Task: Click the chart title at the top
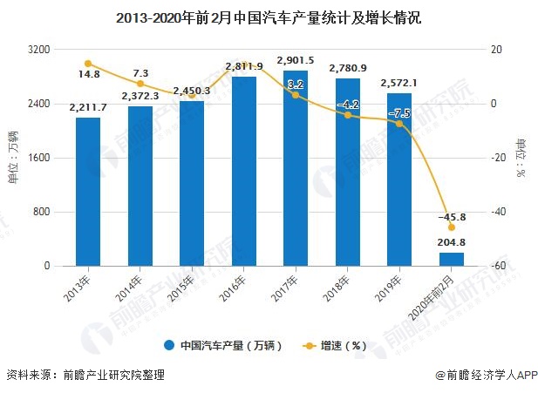pyautogui.click(x=269, y=17)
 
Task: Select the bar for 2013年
pyautogui.click(x=88, y=191)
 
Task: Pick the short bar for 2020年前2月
pyautogui.click(x=451, y=259)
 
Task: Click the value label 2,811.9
pyautogui.click(x=244, y=66)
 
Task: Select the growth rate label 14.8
pyautogui.click(x=88, y=75)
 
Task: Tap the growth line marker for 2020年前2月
pyautogui.click(x=451, y=227)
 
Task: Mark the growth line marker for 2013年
pyautogui.click(x=88, y=63)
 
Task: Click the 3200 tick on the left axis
pyautogui.click(x=40, y=50)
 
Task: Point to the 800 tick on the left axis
pyautogui.click(x=43, y=212)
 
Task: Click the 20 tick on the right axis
pyautogui.click(x=496, y=50)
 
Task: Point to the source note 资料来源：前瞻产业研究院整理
pyautogui.click(x=85, y=376)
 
